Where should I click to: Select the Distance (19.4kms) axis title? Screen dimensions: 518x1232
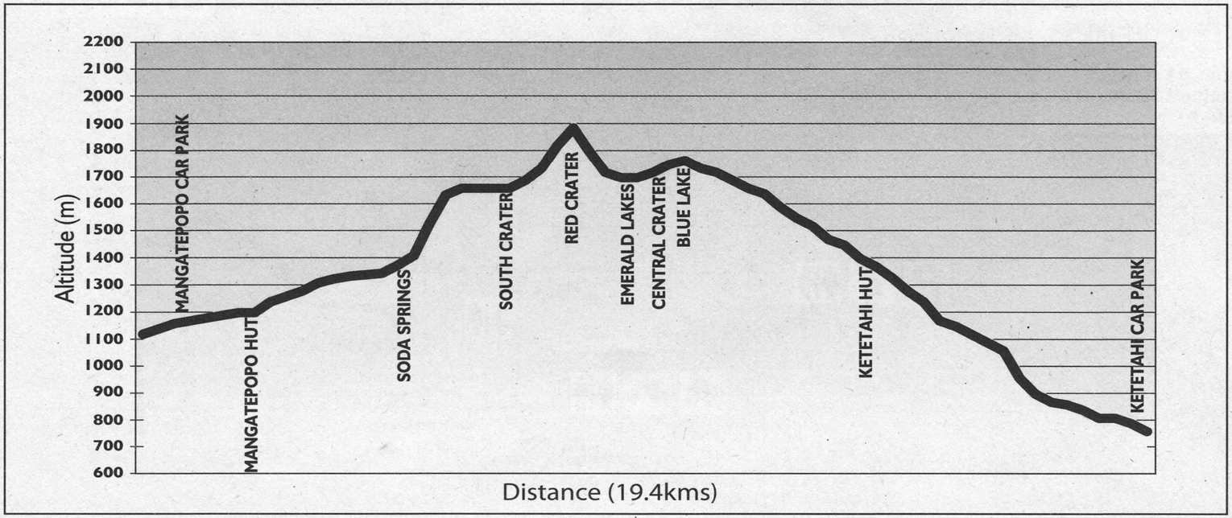(610, 491)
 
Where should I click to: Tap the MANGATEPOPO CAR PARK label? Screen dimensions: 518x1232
(182, 217)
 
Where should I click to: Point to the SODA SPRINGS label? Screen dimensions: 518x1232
(405, 324)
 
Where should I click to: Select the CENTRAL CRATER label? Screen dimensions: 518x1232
(659, 244)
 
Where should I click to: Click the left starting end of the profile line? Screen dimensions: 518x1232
(142, 334)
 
